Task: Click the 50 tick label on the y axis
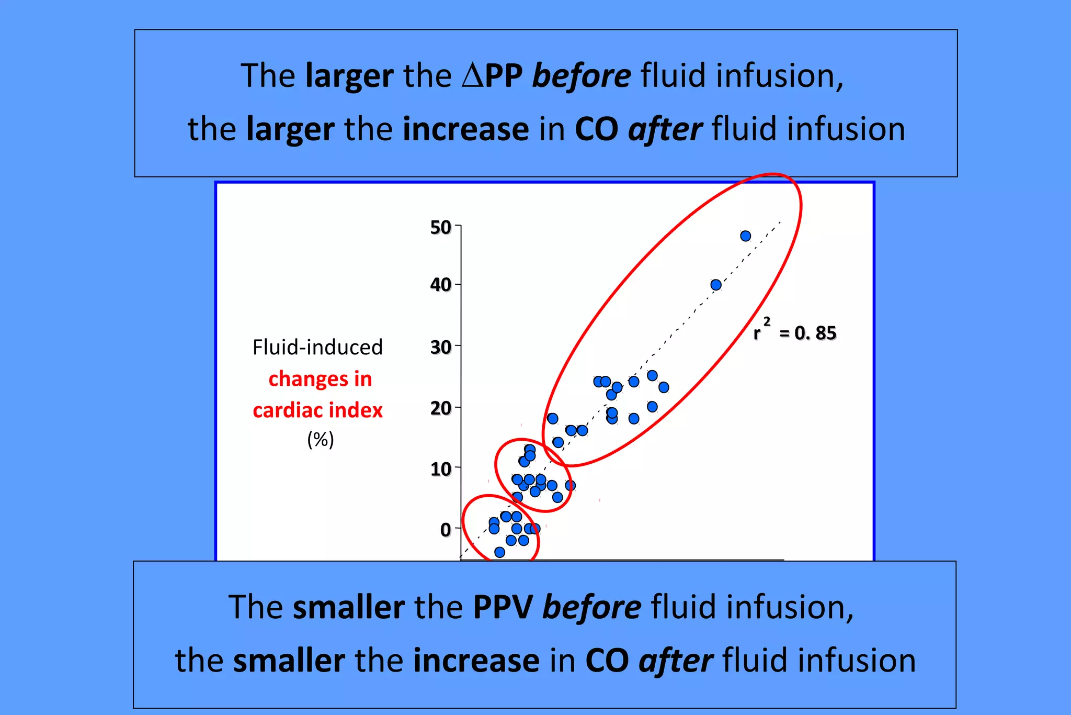[440, 227]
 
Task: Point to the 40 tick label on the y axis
[440, 285]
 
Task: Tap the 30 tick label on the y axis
[440, 347]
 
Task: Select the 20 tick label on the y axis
[440, 408]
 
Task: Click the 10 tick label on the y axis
[440, 468]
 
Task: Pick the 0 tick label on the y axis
[446, 529]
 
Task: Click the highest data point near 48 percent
[746, 236]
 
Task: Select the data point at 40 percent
[716, 285]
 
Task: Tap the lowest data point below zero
[499, 552]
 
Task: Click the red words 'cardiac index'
[318, 410]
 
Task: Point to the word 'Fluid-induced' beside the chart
[318, 347]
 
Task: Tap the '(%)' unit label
[320, 439]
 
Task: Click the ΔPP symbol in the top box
[492, 76]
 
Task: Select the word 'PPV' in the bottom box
[503, 607]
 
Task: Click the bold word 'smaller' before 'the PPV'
[348, 607]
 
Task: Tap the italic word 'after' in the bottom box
[676, 661]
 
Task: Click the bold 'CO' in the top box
[596, 129]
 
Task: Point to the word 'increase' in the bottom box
[476, 661]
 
